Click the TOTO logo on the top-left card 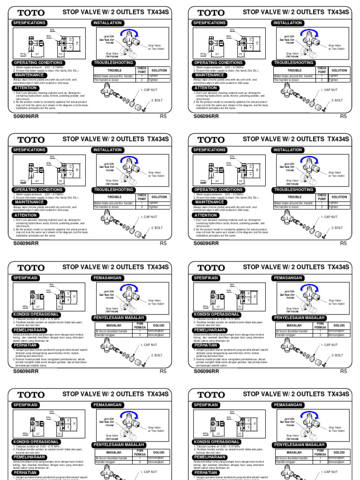tap(32, 13)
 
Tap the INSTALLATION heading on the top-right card tap(287, 22)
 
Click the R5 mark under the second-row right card tap(343, 243)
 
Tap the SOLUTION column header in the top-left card tap(159, 70)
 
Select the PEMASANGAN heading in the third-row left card tap(108, 277)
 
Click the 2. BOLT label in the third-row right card tap(337, 355)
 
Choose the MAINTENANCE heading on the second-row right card tap(209, 202)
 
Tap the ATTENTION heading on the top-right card tap(206, 88)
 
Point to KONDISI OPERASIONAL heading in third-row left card tap(36, 314)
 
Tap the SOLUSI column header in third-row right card tap(339, 325)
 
